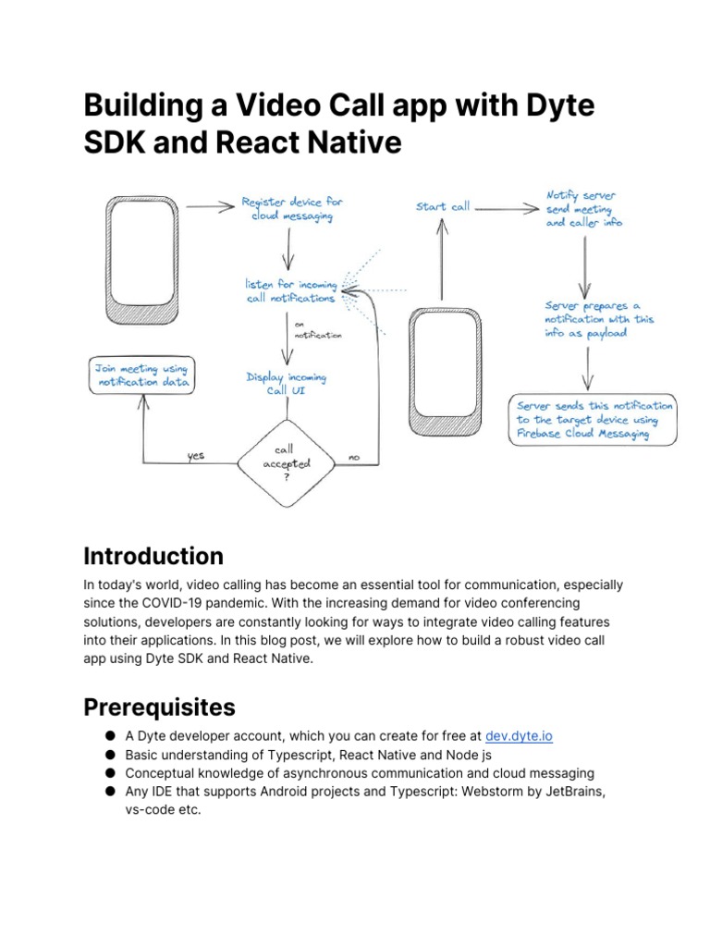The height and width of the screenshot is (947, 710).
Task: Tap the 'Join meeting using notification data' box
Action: (x=141, y=375)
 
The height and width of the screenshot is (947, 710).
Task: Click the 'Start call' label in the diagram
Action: (x=443, y=207)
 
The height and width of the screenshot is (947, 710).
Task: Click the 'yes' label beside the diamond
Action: (x=196, y=455)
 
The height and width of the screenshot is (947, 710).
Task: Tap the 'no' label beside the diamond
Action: (x=354, y=456)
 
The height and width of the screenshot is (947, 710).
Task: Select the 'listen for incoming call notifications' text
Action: (x=290, y=291)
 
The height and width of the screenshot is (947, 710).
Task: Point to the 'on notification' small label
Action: (x=317, y=330)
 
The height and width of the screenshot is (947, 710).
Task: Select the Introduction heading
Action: (x=153, y=556)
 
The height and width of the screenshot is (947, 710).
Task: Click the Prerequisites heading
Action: (x=159, y=707)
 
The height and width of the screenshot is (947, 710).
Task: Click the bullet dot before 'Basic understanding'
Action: (x=109, y=755)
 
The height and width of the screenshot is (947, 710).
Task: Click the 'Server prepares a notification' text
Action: (x=599, y=319)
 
